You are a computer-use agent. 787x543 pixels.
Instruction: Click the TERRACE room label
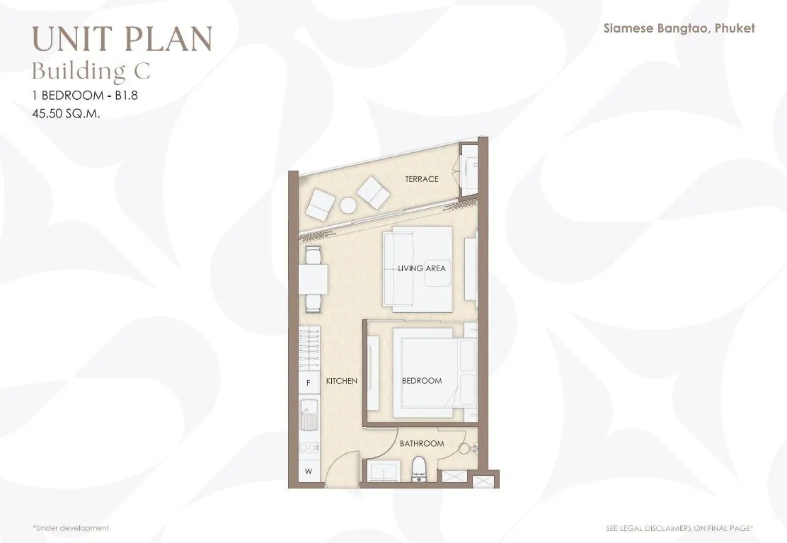[422, 178]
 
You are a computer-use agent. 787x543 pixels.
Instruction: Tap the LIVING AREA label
[422, 268]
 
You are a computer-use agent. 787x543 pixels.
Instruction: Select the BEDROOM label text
[422, 380]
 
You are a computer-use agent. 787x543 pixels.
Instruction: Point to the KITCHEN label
[341, 381]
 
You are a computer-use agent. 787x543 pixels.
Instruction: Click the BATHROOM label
[422, 443]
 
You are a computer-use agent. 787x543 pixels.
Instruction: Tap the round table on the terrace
[347, 205]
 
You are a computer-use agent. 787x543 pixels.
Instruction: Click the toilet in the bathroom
[418, 469]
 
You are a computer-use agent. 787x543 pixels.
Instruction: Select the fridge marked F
[309, 382]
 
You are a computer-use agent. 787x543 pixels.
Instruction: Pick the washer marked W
[309, 471]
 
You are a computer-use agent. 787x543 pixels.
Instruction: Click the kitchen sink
[309, 415]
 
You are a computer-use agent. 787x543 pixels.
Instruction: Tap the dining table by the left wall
[314, 279]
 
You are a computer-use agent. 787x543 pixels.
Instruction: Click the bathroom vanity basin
[384, 471]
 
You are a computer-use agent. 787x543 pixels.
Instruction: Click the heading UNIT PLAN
[122, 39]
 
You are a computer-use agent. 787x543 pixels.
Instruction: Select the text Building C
[91, 71]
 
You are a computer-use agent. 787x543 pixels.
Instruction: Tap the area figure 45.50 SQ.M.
[67, 113]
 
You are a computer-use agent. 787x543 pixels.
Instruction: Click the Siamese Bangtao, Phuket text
[679, 28]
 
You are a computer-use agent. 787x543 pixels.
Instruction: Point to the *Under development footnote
[71, 528]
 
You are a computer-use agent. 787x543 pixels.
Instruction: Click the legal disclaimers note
[679, 528]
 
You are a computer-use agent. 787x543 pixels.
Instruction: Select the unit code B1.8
[127, 96]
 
